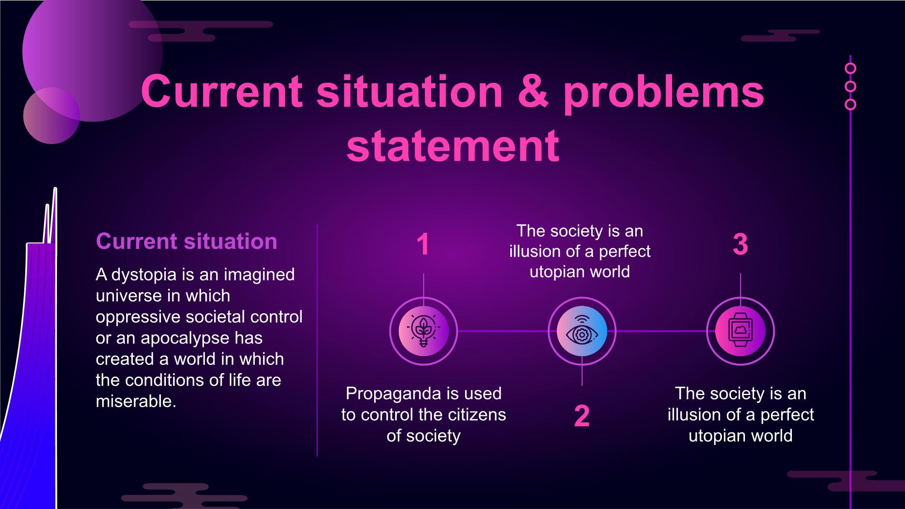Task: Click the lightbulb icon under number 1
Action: click(x=424, y=331)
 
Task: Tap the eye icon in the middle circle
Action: click(x=582, y=331)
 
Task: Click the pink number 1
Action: click(x=423, y=244)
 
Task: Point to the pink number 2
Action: click(x=582, y=416)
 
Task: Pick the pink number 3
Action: click(x=740, y=244)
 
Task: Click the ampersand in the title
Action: click(x=533, y=91)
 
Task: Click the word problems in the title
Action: click(x=664, y=94)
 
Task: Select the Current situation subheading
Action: click(x=186, y=241)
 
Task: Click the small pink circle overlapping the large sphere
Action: click(x=52, y=116)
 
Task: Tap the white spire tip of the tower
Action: click(x=55, y=189)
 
